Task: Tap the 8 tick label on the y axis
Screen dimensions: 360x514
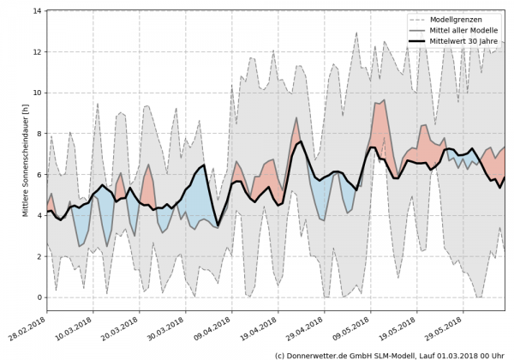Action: [x=39, y=134]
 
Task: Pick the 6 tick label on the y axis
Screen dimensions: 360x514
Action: [x=39, y=175]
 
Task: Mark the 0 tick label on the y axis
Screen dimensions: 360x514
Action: [x=39, y=297]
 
